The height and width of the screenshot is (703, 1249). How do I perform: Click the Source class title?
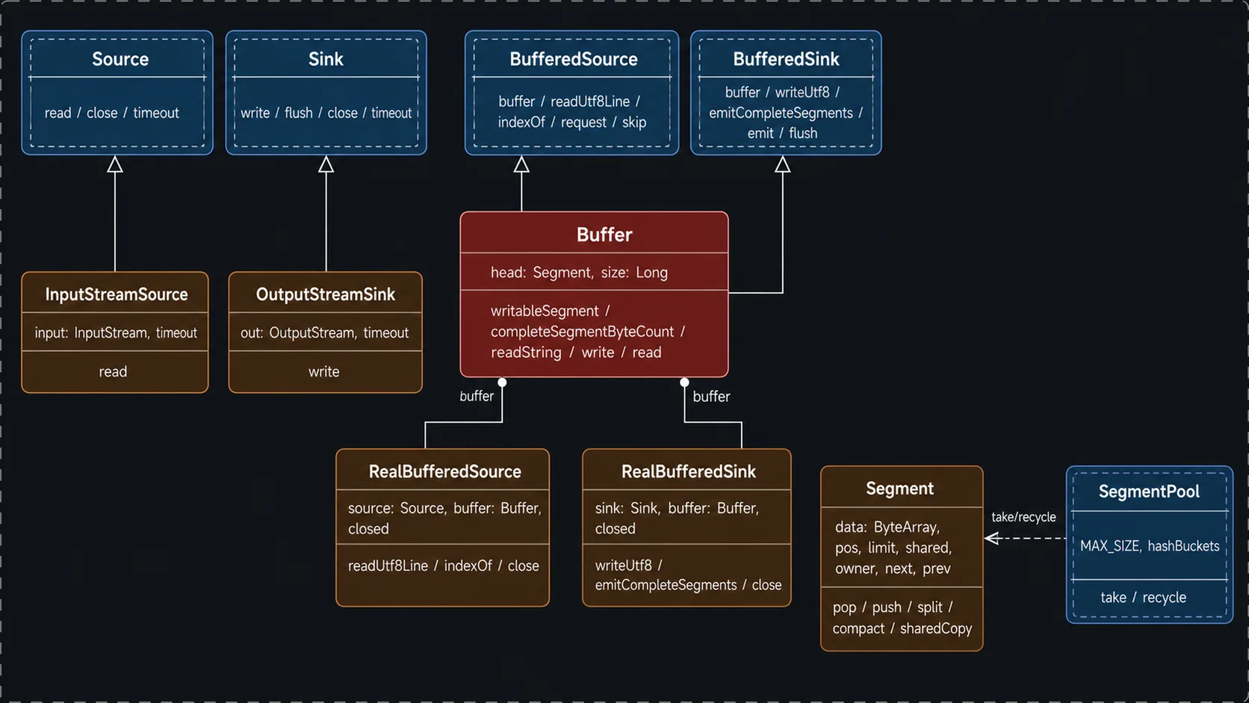click(x=120, y=59)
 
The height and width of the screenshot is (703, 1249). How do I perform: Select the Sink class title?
click(x=326, y=59)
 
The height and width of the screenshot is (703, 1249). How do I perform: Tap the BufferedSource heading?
click(x=573, y=59)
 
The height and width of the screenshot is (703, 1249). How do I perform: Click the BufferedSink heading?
click(x=786, y=59)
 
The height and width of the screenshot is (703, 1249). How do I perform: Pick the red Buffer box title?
click(x=604, y=235)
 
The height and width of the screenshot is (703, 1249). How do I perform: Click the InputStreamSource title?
click(x=116, y=294)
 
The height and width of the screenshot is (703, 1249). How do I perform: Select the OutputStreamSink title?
click(x=325, y=294)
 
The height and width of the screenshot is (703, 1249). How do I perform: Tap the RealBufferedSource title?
click(x=445, y=471)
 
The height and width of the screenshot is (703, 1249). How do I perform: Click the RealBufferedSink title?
click(x=689, y=471)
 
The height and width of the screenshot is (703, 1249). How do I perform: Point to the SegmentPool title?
click(x=1149, y=492)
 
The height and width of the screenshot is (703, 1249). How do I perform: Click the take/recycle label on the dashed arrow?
click(x=1023, y=518)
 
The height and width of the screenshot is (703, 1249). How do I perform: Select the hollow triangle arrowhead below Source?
click(x=115, y=164)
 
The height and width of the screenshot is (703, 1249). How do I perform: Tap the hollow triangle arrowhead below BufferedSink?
click(x=782, y=164)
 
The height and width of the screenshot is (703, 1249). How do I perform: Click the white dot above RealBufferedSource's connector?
click(x=503, y=383)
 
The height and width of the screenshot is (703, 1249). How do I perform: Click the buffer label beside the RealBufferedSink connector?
click(x=711, y=397)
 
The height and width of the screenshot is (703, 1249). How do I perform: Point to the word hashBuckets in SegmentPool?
click(x=1183, y=546)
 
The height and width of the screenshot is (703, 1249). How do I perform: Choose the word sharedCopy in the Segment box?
click(x=936, y=629)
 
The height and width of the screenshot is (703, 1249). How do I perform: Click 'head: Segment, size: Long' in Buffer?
click(x=579, y=273)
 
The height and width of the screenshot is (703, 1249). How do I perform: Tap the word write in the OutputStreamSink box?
click(x=324, y=372)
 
